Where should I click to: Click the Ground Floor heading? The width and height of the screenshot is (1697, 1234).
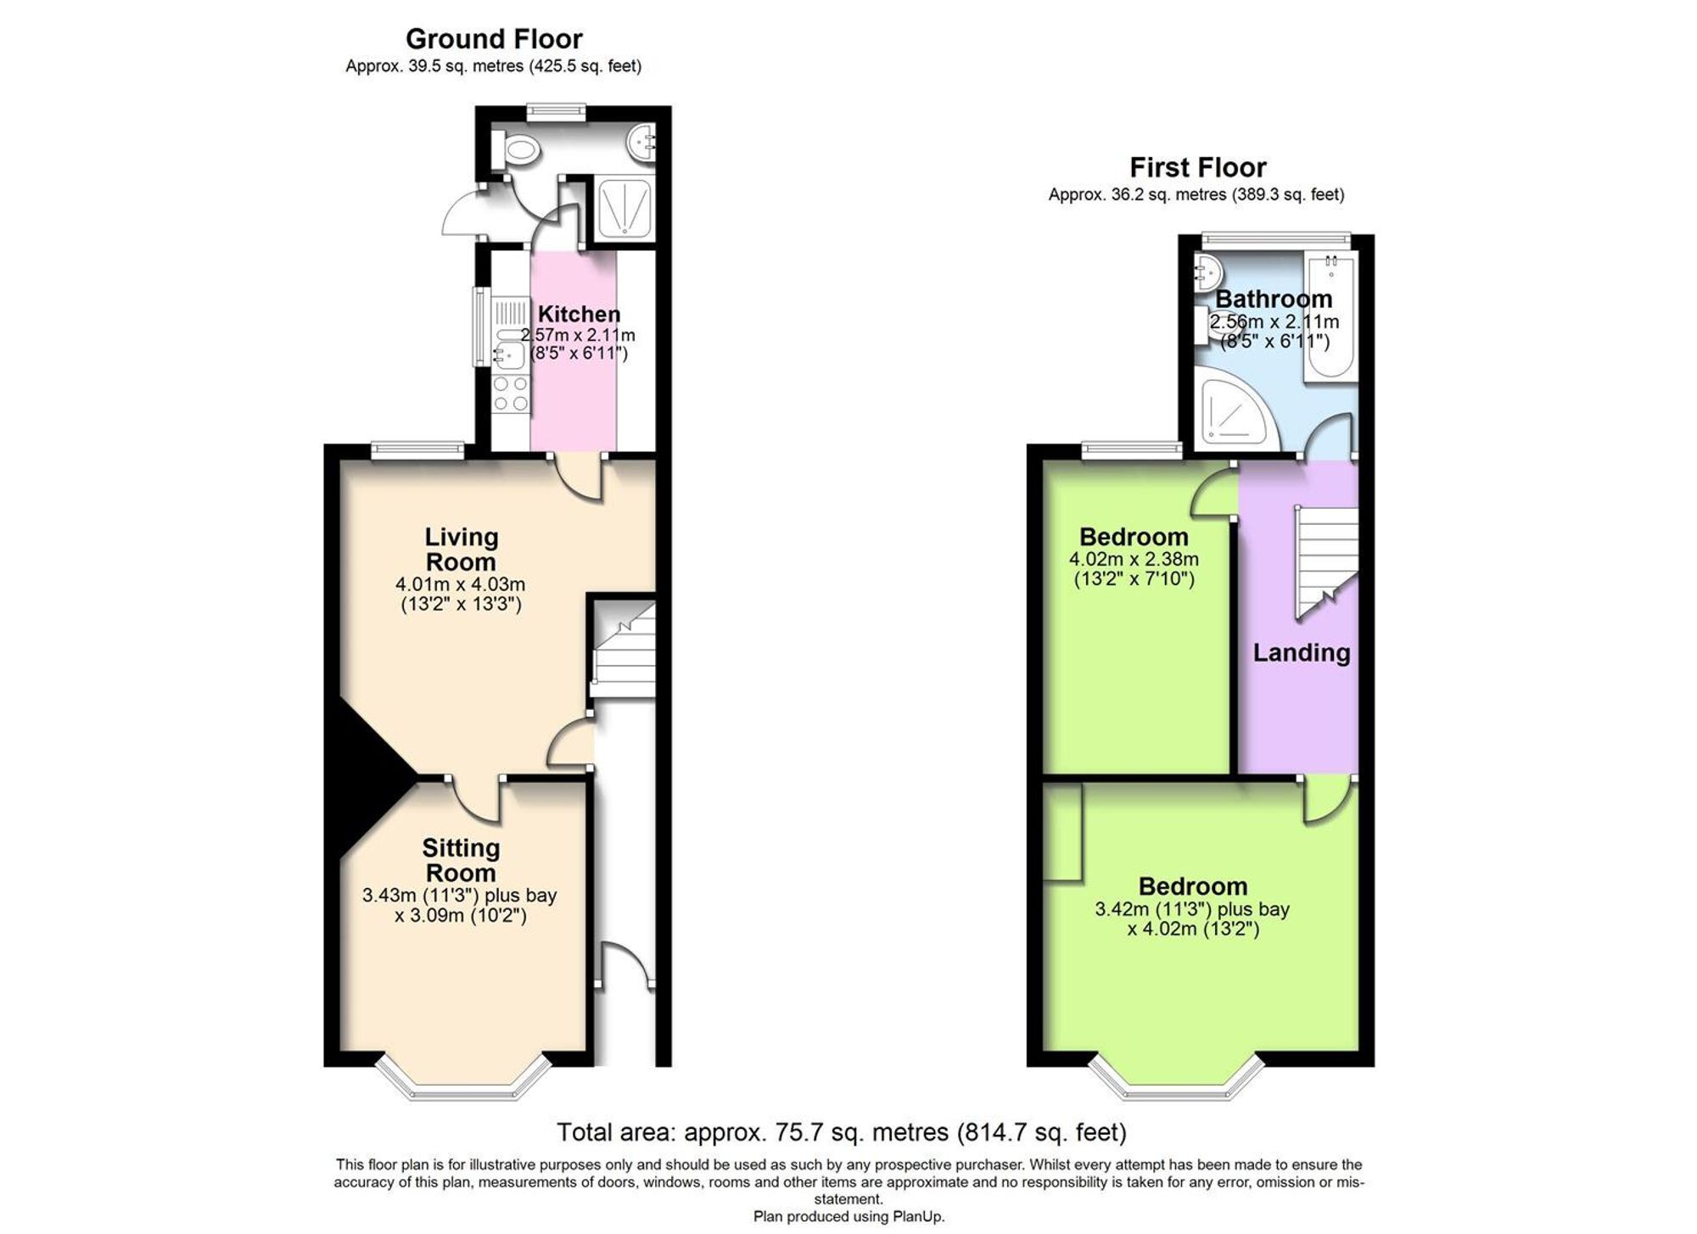(x=494, y=39)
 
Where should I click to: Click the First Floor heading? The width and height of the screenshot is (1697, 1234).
(x=1197, y=167)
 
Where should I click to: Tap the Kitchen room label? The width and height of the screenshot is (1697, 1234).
(x=579, y=314)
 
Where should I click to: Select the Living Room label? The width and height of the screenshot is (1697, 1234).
(x=461, y=549)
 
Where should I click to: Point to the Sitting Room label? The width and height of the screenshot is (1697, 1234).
(x=461, y=860)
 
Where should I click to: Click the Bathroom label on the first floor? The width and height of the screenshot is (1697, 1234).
(x=1274, y=299)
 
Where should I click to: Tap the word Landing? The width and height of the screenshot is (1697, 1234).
(x=1302, y=652)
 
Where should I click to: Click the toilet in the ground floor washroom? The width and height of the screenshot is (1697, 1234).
(x=516, y=151)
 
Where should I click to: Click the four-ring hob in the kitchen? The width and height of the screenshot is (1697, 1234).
(x=511, y=394)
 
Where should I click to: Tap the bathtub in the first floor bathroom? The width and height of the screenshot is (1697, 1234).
(x=1330, y=318)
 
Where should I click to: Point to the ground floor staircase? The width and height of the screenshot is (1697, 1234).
(x=624, y=649)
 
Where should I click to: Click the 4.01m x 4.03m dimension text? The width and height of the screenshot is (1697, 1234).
(x=461, y=584)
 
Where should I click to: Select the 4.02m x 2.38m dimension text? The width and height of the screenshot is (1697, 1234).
(x=1134, y=560)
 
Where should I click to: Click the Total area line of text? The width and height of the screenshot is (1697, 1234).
(x=841, y=1132)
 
